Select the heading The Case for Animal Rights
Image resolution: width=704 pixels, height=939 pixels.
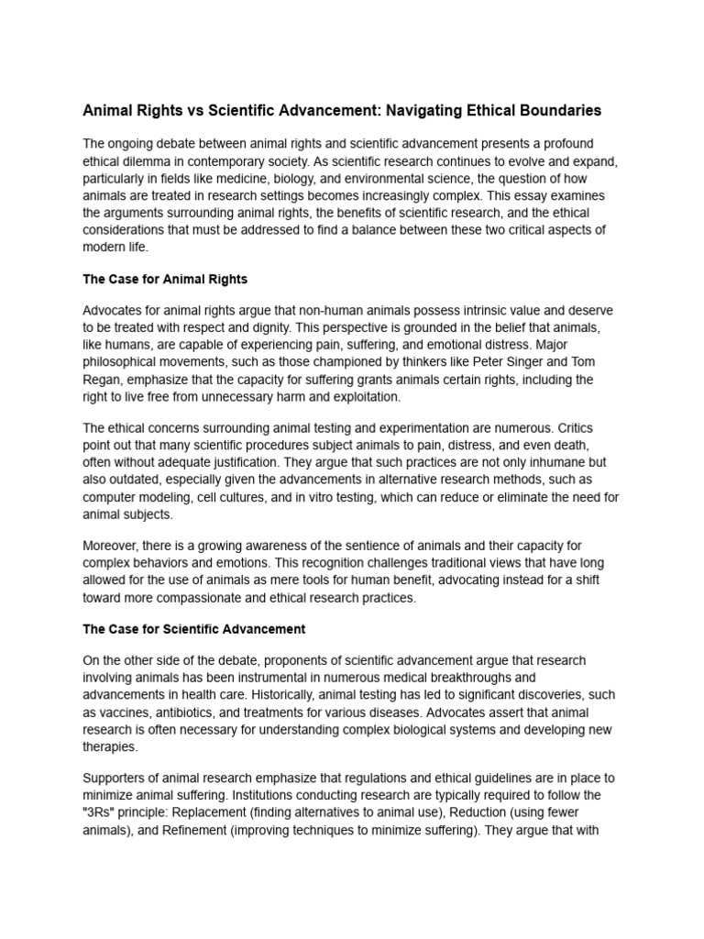point(165,279)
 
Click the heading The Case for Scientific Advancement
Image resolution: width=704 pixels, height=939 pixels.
point(193,629)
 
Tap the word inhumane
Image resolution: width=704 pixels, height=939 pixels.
point(516,462)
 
